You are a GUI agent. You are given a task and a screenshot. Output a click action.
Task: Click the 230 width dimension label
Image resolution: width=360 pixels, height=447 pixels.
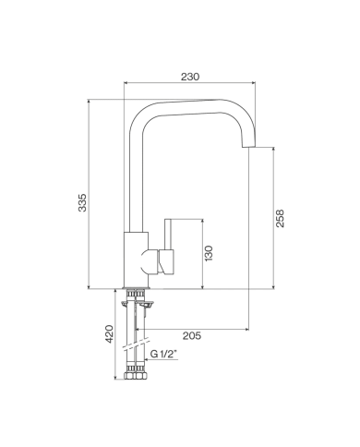tap(190, 77)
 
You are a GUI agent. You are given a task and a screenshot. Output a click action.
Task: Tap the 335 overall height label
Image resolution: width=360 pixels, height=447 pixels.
tap(82, 202)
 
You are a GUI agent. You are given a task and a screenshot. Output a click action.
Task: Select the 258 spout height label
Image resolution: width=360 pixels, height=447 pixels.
tap(280, 218)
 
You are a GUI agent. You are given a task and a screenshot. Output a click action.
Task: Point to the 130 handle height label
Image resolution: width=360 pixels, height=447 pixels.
tap(209, 253)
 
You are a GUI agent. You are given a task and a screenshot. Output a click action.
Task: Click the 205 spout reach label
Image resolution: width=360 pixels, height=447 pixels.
tap(192, 335)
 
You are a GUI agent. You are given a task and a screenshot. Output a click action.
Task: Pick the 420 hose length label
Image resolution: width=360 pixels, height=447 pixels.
tap(109, 334)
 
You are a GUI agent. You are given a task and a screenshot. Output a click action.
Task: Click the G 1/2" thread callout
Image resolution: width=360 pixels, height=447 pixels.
tap(164, 354)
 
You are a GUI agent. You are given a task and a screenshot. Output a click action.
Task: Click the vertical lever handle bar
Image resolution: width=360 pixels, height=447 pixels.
tap(168, 235)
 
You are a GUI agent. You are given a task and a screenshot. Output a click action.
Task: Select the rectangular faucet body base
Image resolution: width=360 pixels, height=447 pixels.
tap(136, 260)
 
